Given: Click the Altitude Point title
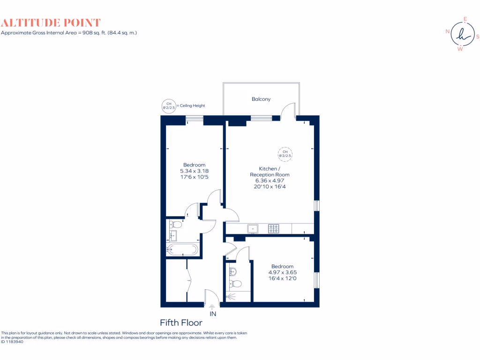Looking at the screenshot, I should (51, 22).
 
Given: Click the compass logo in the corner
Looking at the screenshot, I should (462, 34).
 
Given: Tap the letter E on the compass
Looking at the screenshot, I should (465, 19).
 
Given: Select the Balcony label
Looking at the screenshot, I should (261, 99).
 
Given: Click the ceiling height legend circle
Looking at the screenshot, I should (167, 106).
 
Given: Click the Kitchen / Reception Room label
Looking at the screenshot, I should (270, 172).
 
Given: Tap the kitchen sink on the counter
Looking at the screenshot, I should (254, 229).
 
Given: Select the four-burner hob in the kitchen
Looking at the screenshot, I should (273, 229).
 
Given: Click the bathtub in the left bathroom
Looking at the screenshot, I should (183, 249).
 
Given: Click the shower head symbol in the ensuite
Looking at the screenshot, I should (229, 297).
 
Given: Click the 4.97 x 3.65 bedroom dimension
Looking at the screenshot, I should (282, 272).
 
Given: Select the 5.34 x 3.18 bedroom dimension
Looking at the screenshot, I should (194, 171).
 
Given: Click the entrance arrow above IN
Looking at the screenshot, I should (211, 307).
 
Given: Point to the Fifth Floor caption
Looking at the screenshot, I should (181, 322).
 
